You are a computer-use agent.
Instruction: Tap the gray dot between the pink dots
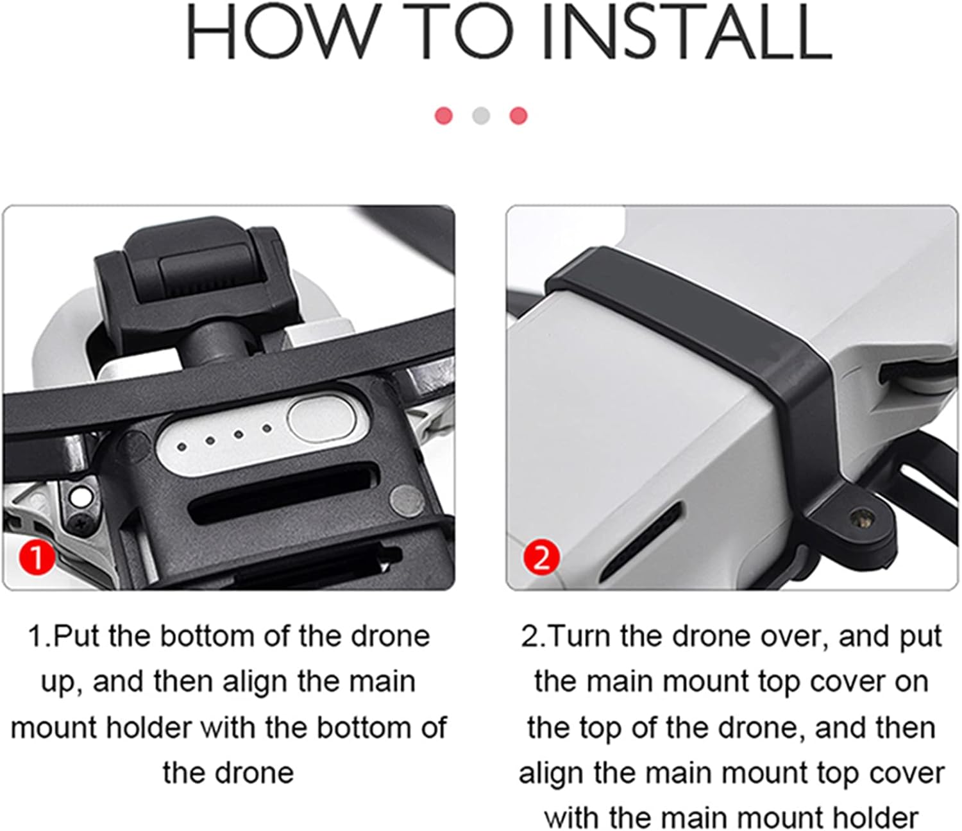(x=481, y=116)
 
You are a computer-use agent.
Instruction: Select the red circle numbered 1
(x=37, y=558)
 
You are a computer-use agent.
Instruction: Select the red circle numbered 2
(x=541, y=558)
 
